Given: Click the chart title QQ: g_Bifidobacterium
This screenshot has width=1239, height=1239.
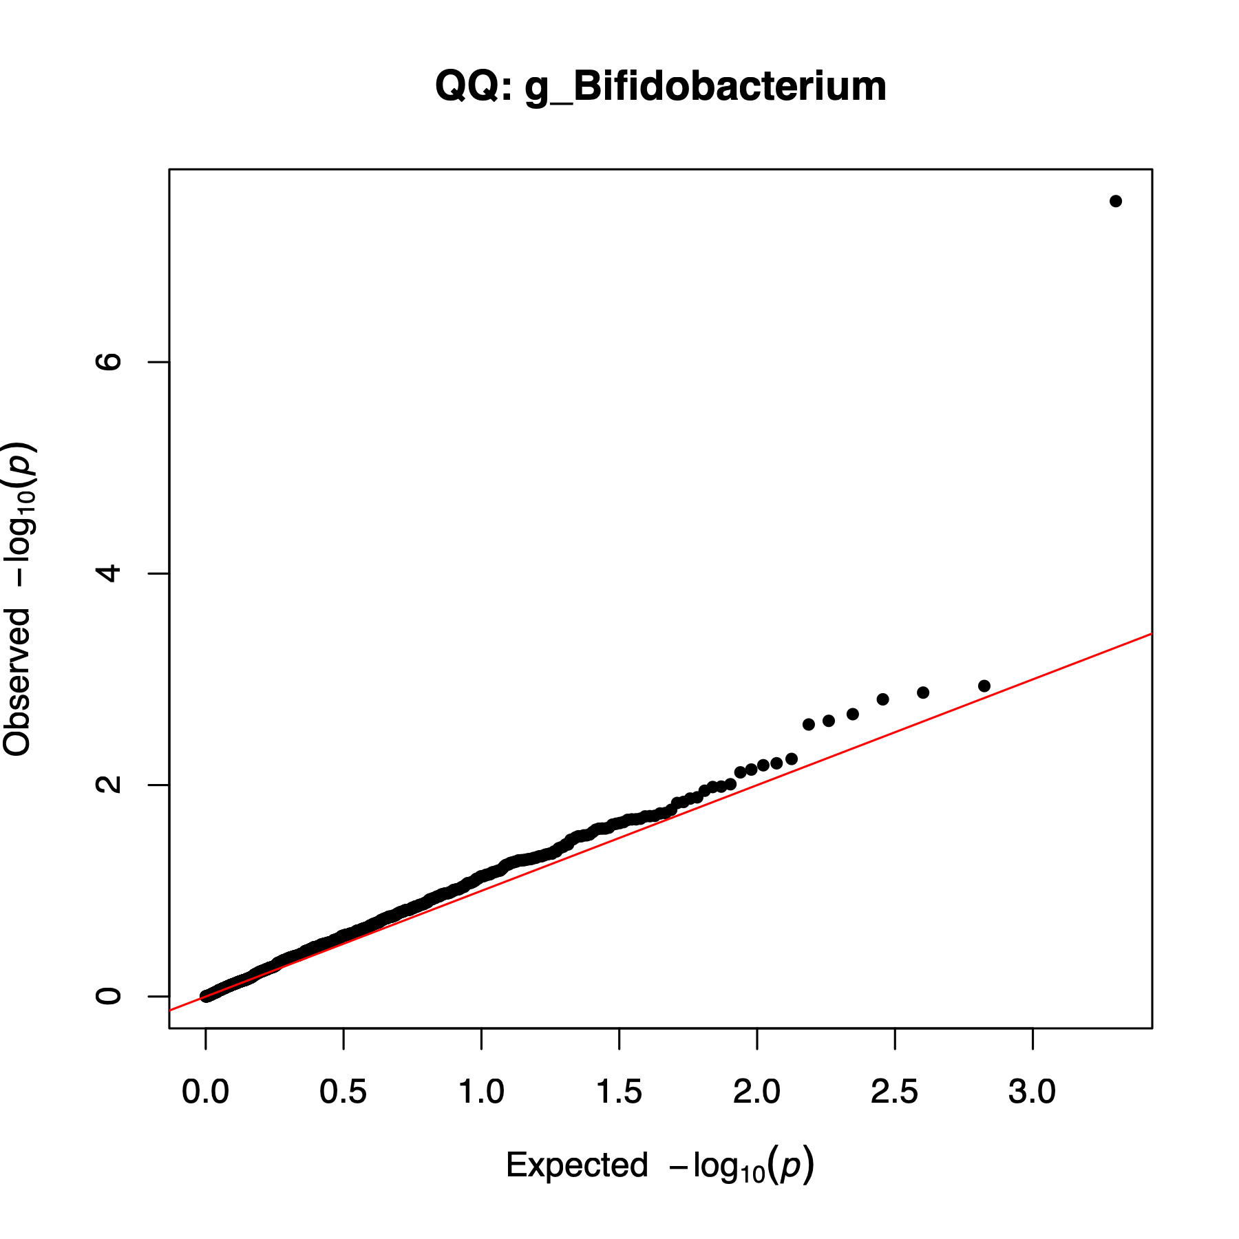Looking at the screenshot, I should coord(660,87).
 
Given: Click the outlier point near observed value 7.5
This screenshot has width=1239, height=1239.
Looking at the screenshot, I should coord(1116,201).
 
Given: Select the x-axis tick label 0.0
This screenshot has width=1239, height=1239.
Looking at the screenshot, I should coord(205,1092).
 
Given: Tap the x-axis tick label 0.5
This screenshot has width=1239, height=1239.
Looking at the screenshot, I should coord(343,1092).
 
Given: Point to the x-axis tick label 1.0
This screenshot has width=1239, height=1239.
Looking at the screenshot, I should coord(481,1092).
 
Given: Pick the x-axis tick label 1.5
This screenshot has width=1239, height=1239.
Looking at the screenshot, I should coord(619,1092).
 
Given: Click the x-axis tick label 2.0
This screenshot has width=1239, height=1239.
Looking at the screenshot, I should coord(756,1092).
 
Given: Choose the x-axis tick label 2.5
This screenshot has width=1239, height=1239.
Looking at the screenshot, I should coord(894,1092).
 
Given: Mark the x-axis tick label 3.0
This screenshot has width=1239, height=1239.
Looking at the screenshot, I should coord(1032,1092).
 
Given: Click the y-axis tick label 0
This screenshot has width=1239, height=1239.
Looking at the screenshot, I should coord(109,995).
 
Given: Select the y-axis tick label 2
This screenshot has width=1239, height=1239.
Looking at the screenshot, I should coord(109,784).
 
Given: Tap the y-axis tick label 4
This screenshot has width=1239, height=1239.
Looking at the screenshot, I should coord(109,573).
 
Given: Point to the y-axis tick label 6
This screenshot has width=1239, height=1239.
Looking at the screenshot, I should coord(109,361).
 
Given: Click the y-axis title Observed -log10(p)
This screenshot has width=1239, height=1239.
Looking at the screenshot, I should coord(18,599).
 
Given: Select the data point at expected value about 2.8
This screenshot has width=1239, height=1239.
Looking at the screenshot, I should coord(984,686).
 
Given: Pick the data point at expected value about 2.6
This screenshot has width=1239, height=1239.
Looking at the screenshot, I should coord(923,692).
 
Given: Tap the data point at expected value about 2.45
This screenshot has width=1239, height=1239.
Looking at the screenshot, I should coord(883,699).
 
